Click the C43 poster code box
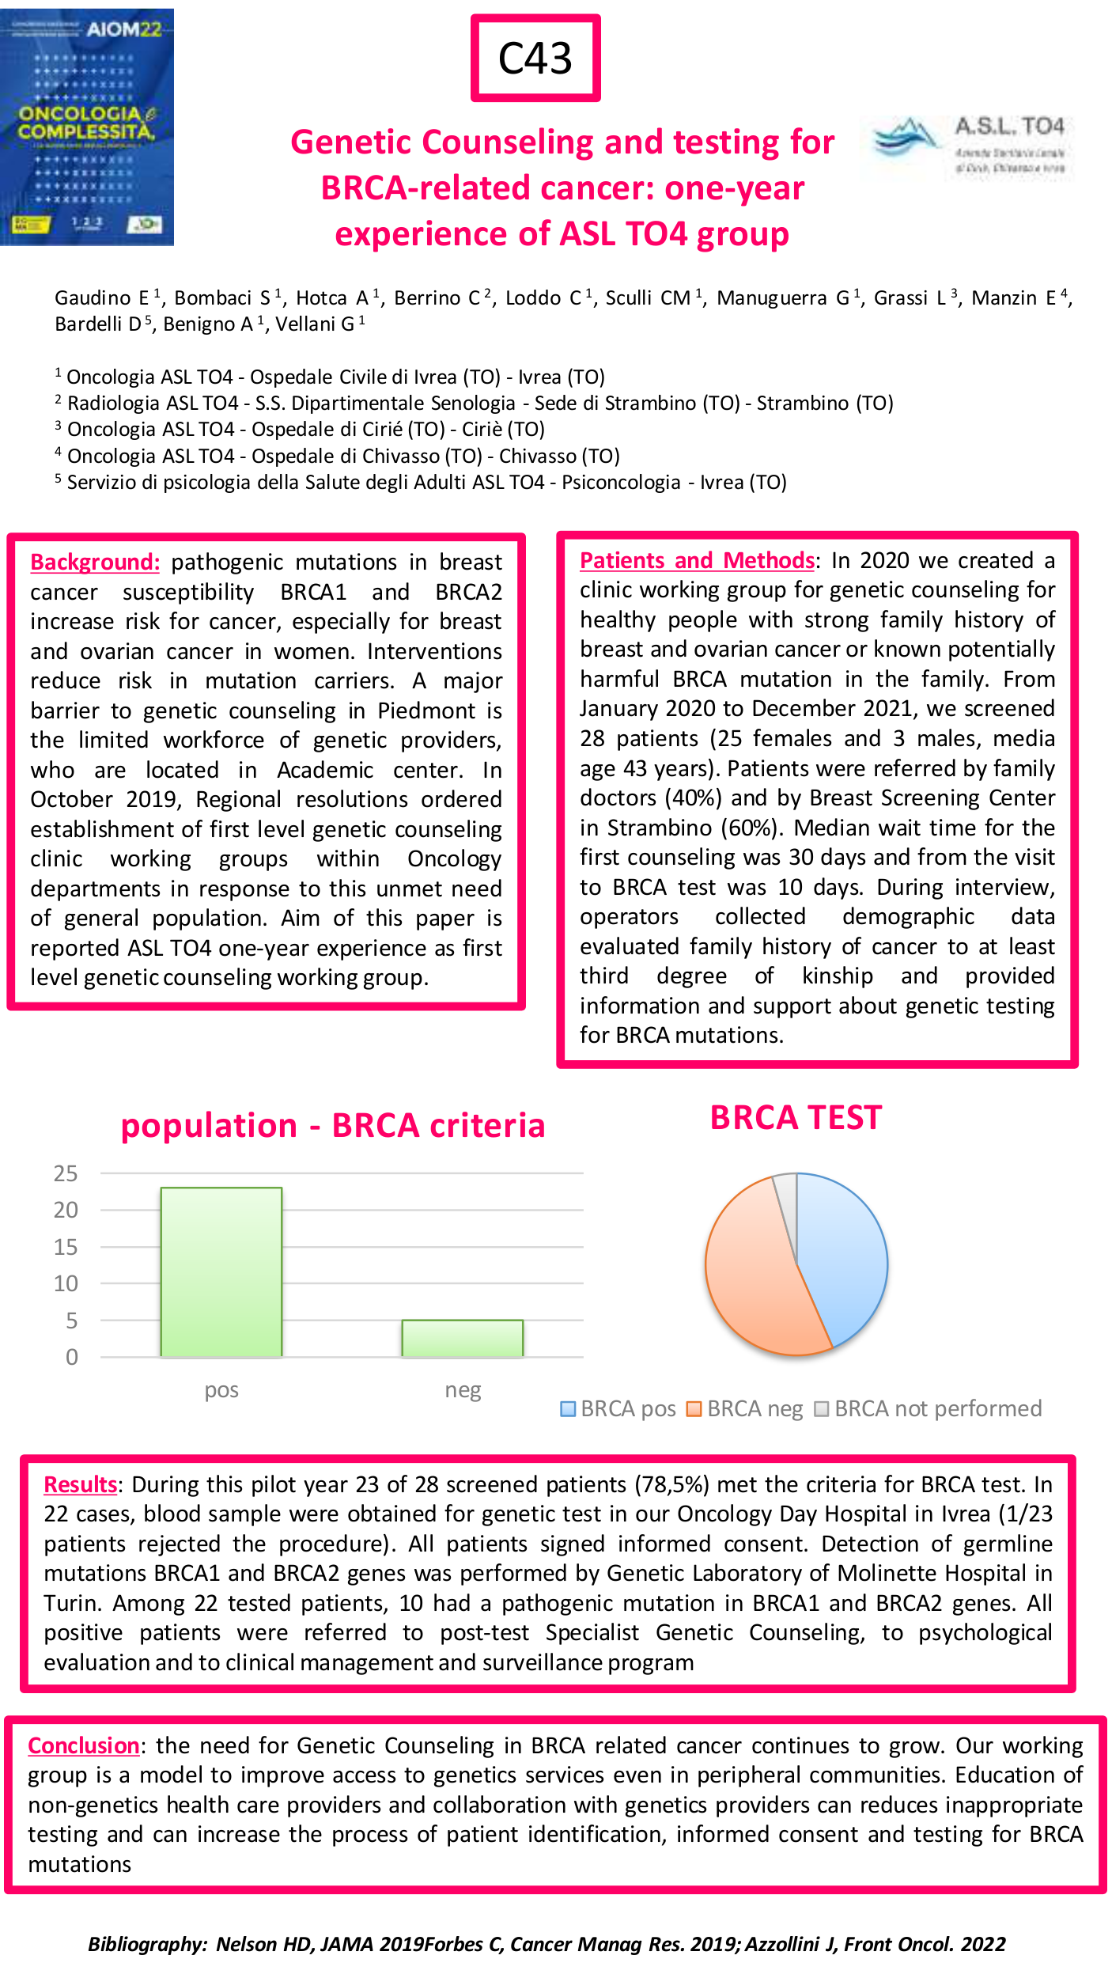pos(535,59)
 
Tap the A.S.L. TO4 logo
pos(969,147)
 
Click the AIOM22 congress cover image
pos(87,127)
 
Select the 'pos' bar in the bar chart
pos(221,1272)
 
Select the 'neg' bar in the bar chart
pos(463,1339)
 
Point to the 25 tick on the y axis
pos(66,1173)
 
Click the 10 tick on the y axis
pos(66,1283)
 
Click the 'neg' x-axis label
pos(463,1390)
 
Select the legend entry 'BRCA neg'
pos(745,1408)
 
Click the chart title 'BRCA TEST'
pos(796,1118)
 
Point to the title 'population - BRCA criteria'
pos(333,1125)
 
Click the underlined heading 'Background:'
pos(95,562)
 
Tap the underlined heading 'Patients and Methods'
pos(697,560)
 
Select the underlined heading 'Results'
pos(81,1484)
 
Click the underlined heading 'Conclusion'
pos(84,1745)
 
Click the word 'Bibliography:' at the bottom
pos(147,1944)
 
